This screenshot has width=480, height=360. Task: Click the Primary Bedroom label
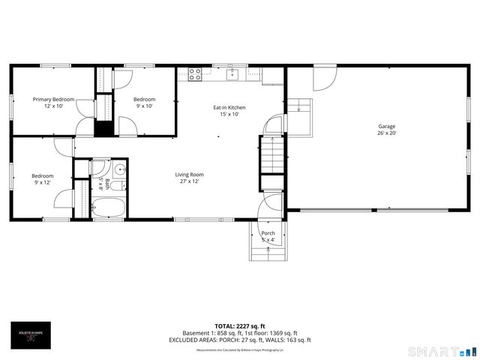[53, 99]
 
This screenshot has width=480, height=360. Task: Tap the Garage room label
[386, 126]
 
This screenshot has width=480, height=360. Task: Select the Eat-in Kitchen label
[229, 107]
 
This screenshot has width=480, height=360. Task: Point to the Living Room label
[191, 174]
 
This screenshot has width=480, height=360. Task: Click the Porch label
[268, 233]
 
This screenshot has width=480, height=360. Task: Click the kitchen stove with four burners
[195, 73]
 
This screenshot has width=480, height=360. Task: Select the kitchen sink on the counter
[233, 73]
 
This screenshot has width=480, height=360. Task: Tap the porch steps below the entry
[268, 253]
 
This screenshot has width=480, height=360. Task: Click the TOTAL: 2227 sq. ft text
[240, 326]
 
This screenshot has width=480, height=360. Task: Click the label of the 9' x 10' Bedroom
[144, 99]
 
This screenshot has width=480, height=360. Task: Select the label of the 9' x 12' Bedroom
[42, 175]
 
